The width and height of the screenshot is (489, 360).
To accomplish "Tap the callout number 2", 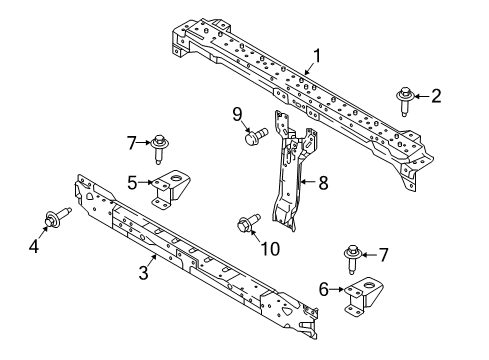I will (436, 97).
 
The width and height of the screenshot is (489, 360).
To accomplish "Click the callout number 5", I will (131, 182).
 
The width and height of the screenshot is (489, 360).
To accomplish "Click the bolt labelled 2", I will (406, 101).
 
